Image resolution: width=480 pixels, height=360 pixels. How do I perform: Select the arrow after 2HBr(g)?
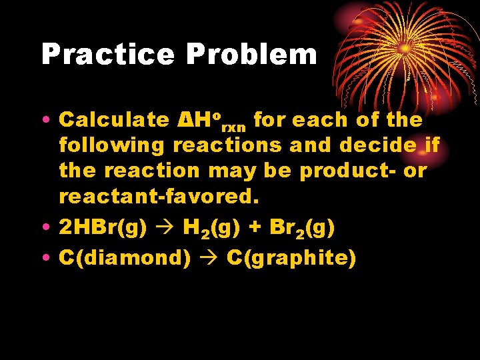click(163, 229)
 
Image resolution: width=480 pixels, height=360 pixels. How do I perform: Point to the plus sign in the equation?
click(255, 229)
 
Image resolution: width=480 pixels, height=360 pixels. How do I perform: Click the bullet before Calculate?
click(44, 121)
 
